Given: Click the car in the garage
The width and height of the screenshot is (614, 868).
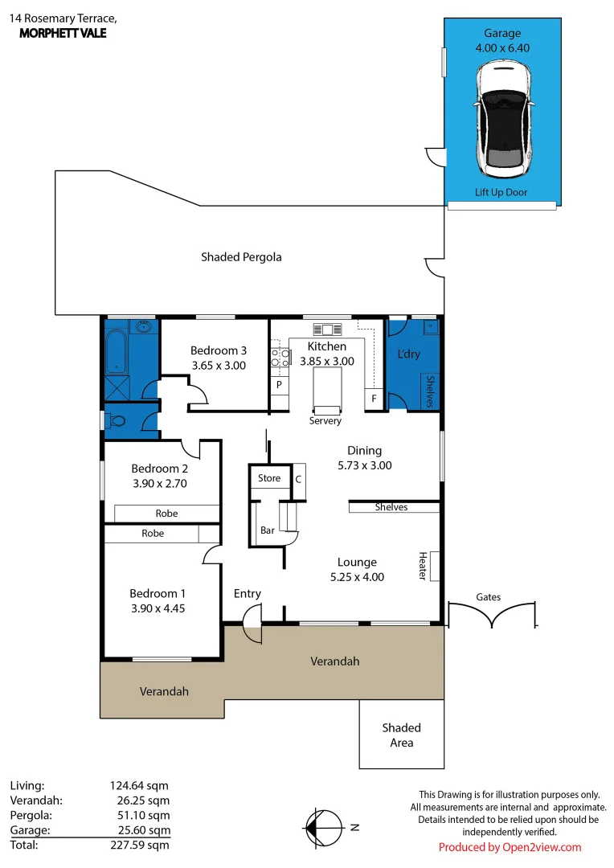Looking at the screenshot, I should coord(502,120).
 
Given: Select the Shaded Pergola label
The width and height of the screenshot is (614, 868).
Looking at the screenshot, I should coord(241,257).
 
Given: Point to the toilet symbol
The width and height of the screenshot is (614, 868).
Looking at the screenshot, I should coord(117,420).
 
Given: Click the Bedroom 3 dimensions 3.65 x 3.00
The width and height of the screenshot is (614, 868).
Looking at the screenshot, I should coord(218,365).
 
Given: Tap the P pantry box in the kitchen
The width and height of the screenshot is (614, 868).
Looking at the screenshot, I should coord(279,385).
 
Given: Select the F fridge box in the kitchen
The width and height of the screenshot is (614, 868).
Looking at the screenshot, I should coord(373,397).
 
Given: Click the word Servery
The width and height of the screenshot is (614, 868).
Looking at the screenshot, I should coord(325,421).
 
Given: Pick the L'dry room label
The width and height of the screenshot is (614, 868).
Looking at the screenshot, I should coord(409,354).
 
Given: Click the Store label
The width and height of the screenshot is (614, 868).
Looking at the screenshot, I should coord(269,478).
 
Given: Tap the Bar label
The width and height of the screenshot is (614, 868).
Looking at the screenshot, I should coord(268,530).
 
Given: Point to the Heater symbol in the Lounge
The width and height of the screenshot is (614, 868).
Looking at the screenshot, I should coord(434,566).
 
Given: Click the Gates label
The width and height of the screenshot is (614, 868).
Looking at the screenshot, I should coord(489,597).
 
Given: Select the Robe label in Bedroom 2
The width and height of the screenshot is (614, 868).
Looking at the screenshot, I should coord(166,513).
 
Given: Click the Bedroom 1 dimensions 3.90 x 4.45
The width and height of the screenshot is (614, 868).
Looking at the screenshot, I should coord(158,608).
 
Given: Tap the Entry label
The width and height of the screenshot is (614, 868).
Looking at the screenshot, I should coord(248,593).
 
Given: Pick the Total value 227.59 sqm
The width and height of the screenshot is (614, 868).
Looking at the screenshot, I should coord(140,845).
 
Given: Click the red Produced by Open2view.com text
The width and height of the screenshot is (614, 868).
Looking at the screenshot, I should coord(510,847).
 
